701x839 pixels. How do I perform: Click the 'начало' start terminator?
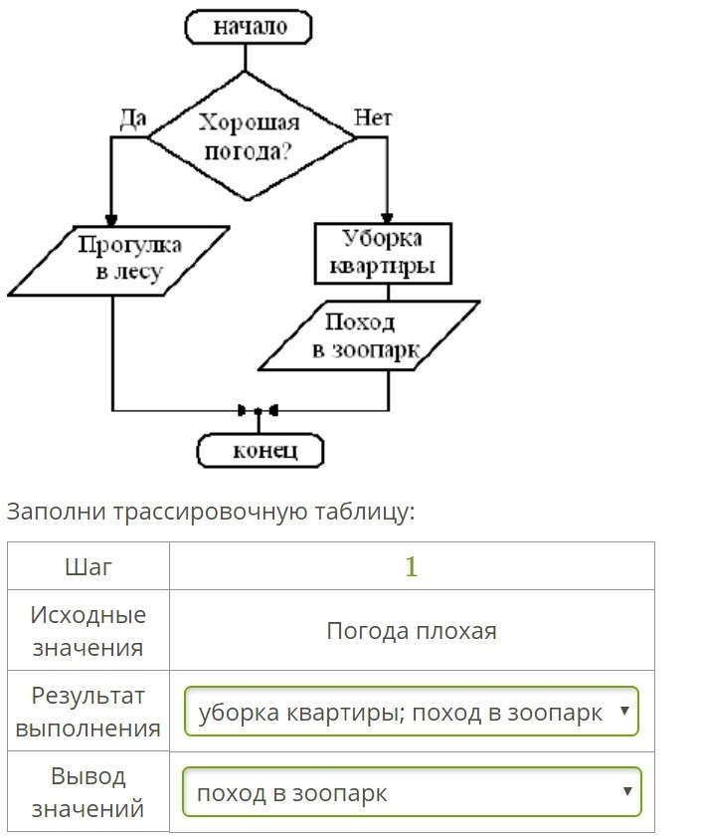tap(250, 26)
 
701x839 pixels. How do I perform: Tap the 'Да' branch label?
tap(132, 118)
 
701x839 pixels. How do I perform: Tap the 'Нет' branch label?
tap(373, 117)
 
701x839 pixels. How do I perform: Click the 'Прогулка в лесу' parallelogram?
tap(117, 260)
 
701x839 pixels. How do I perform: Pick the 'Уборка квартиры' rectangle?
tap(383, 253)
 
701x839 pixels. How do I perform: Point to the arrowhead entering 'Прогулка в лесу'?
tap(111, 219)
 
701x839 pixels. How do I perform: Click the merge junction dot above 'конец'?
tap(258, 410)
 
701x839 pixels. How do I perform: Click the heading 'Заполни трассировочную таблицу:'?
tap(210, 512)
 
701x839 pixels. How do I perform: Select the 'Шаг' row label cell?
tap(88, 566)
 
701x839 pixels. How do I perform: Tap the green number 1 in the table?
tap(412, 566)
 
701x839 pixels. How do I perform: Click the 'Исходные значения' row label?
tap(88, 631)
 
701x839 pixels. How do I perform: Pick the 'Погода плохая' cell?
tap(412, 631)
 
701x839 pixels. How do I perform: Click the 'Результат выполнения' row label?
tap(88, 712)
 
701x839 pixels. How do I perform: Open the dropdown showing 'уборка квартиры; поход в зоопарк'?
tap(412, 713)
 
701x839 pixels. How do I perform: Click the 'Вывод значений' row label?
tap(88, 792)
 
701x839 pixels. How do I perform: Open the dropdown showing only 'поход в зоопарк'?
tap(412, 793)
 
